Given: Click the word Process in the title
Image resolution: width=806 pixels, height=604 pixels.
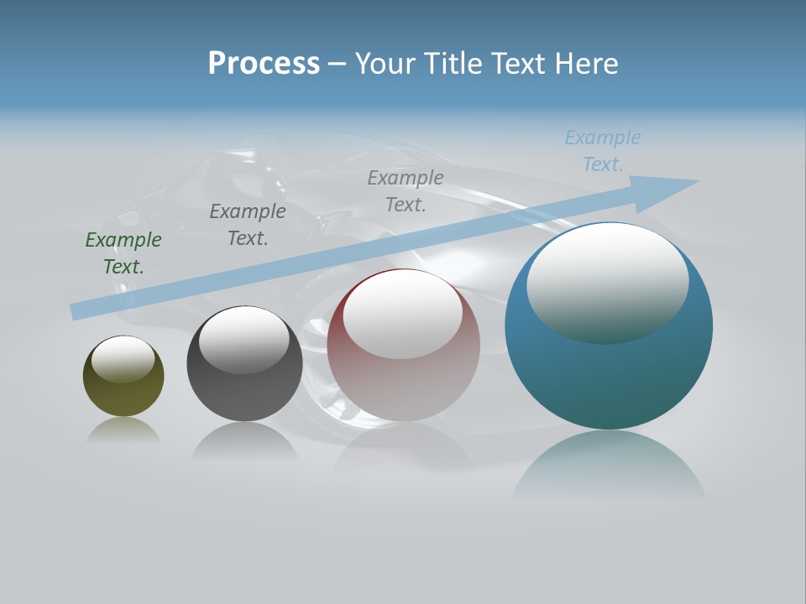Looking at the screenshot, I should coord(264,64).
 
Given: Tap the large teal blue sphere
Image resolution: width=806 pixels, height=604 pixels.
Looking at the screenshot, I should coord(609,377).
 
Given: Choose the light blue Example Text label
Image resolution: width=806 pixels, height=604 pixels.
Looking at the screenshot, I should coord(603,151).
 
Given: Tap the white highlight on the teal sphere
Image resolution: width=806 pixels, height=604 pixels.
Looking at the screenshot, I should coord(607,282).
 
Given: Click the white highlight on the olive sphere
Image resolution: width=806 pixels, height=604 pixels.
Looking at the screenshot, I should coord(123,358).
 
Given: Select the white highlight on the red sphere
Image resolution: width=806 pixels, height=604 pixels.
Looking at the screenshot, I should coord(403,313).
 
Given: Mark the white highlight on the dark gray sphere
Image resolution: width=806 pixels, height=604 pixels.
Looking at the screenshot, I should coord(243,339).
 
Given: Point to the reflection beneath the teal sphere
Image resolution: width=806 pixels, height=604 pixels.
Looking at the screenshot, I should coord(609,466).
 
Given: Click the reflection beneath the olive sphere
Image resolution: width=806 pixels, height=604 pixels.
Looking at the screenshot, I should coord(123,430).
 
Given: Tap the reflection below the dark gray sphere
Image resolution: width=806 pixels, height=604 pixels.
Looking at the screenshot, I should coord(244,440).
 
